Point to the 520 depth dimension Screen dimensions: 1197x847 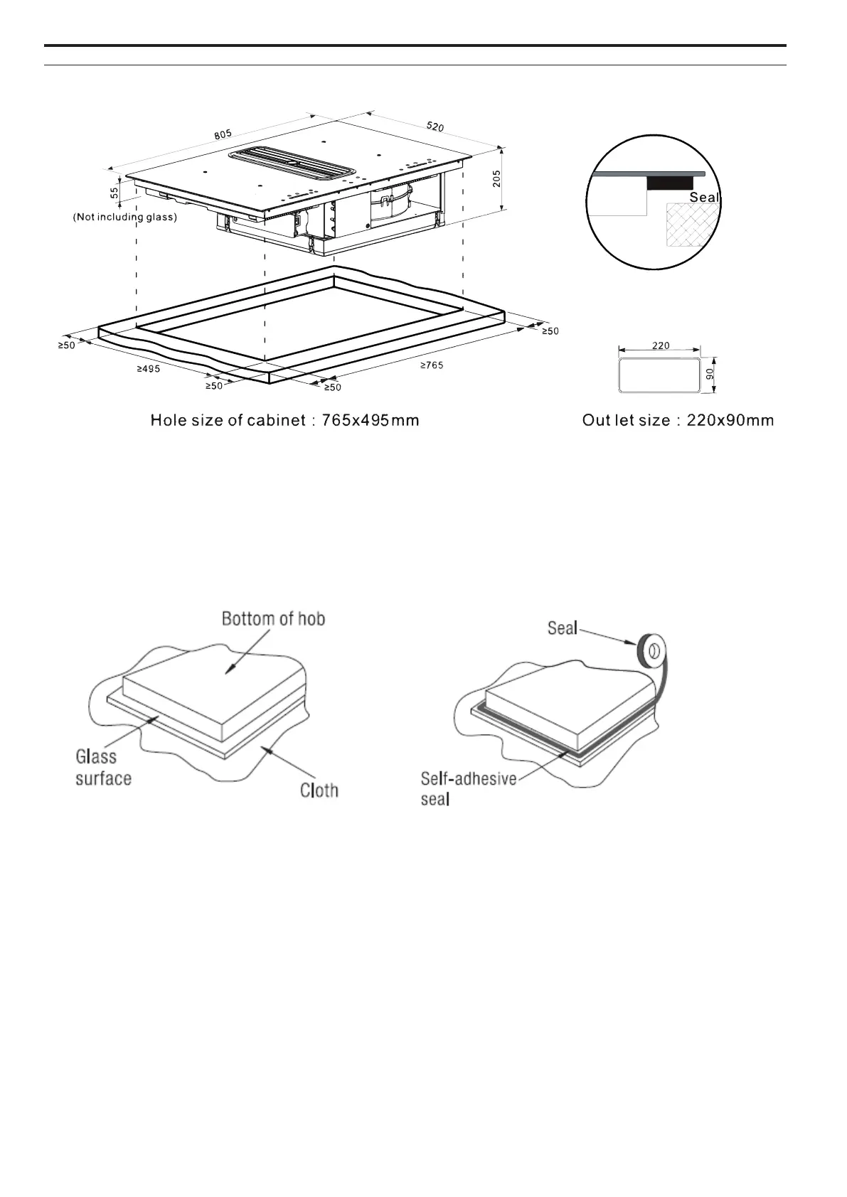point(435,127)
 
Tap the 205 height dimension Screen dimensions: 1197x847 point(496,178)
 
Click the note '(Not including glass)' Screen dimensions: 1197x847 point(124,218)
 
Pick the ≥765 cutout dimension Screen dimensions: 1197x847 point(431,365)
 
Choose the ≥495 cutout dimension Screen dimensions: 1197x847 point(148,369)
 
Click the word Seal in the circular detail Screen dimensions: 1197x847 point(704,197)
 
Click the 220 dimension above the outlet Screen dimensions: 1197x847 point(660,345)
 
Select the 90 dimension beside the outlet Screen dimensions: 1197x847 point(709,374)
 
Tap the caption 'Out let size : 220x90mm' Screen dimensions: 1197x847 point(677,421)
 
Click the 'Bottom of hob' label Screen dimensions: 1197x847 point(273,618)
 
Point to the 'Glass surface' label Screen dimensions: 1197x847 point(103,768)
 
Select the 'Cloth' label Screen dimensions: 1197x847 point(319,790)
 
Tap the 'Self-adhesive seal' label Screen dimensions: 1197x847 point(467,788)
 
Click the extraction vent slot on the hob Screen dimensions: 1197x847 point(292,164)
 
